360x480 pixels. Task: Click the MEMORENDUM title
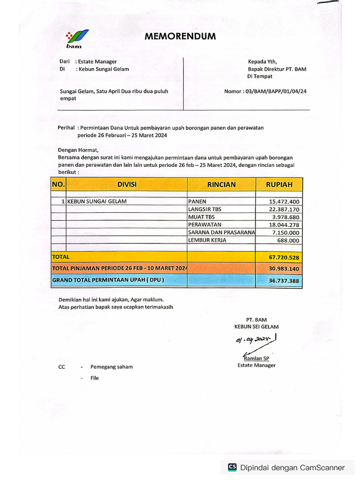(x=180, y=36)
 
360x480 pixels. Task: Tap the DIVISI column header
(x=127, y=184)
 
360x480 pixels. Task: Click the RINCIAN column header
(x=221, y=184)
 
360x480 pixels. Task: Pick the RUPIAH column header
(x=279, y=184)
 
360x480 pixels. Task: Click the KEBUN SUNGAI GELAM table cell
(x=97, y=202)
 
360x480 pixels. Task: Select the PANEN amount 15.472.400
(x=285, y=202)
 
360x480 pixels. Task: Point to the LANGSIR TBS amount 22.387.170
(x=285, y=209)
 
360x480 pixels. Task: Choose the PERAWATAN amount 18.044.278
(x=285, y=225)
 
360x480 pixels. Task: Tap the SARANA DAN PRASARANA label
(x=221, y=232)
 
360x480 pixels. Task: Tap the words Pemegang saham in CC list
(x=112, y=367)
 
